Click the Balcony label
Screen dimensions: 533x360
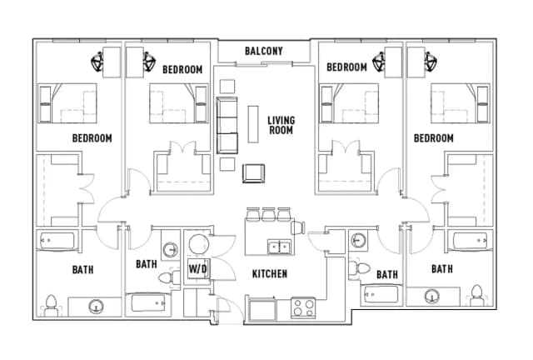coord(264,51)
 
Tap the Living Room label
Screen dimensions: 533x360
coord(281,125)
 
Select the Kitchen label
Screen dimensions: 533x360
coord(270,274)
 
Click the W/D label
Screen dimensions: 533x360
coord(198,269)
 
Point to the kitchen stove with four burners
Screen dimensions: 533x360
coord(303,308)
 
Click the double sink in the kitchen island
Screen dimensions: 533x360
coord(279,247)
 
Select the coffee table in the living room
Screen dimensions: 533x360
coord(253,124)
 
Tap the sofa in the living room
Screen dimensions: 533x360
coord(227,126)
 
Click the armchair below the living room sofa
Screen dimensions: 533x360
coord(253,173)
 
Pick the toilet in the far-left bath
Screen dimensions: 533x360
coord(51,305)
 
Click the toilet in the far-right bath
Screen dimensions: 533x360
coord(477,295)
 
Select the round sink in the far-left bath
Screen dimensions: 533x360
coord(97,307)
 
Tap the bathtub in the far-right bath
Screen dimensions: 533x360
coord(471,241)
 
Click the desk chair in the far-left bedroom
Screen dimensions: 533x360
coord(97,62)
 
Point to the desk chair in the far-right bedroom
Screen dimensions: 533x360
coord(431,62)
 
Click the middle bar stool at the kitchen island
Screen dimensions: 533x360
coord(268,214)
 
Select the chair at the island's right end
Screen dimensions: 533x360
coord(298,227)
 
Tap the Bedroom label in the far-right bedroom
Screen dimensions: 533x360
coord(433,138)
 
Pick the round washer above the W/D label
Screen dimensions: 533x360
coord(198,244)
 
